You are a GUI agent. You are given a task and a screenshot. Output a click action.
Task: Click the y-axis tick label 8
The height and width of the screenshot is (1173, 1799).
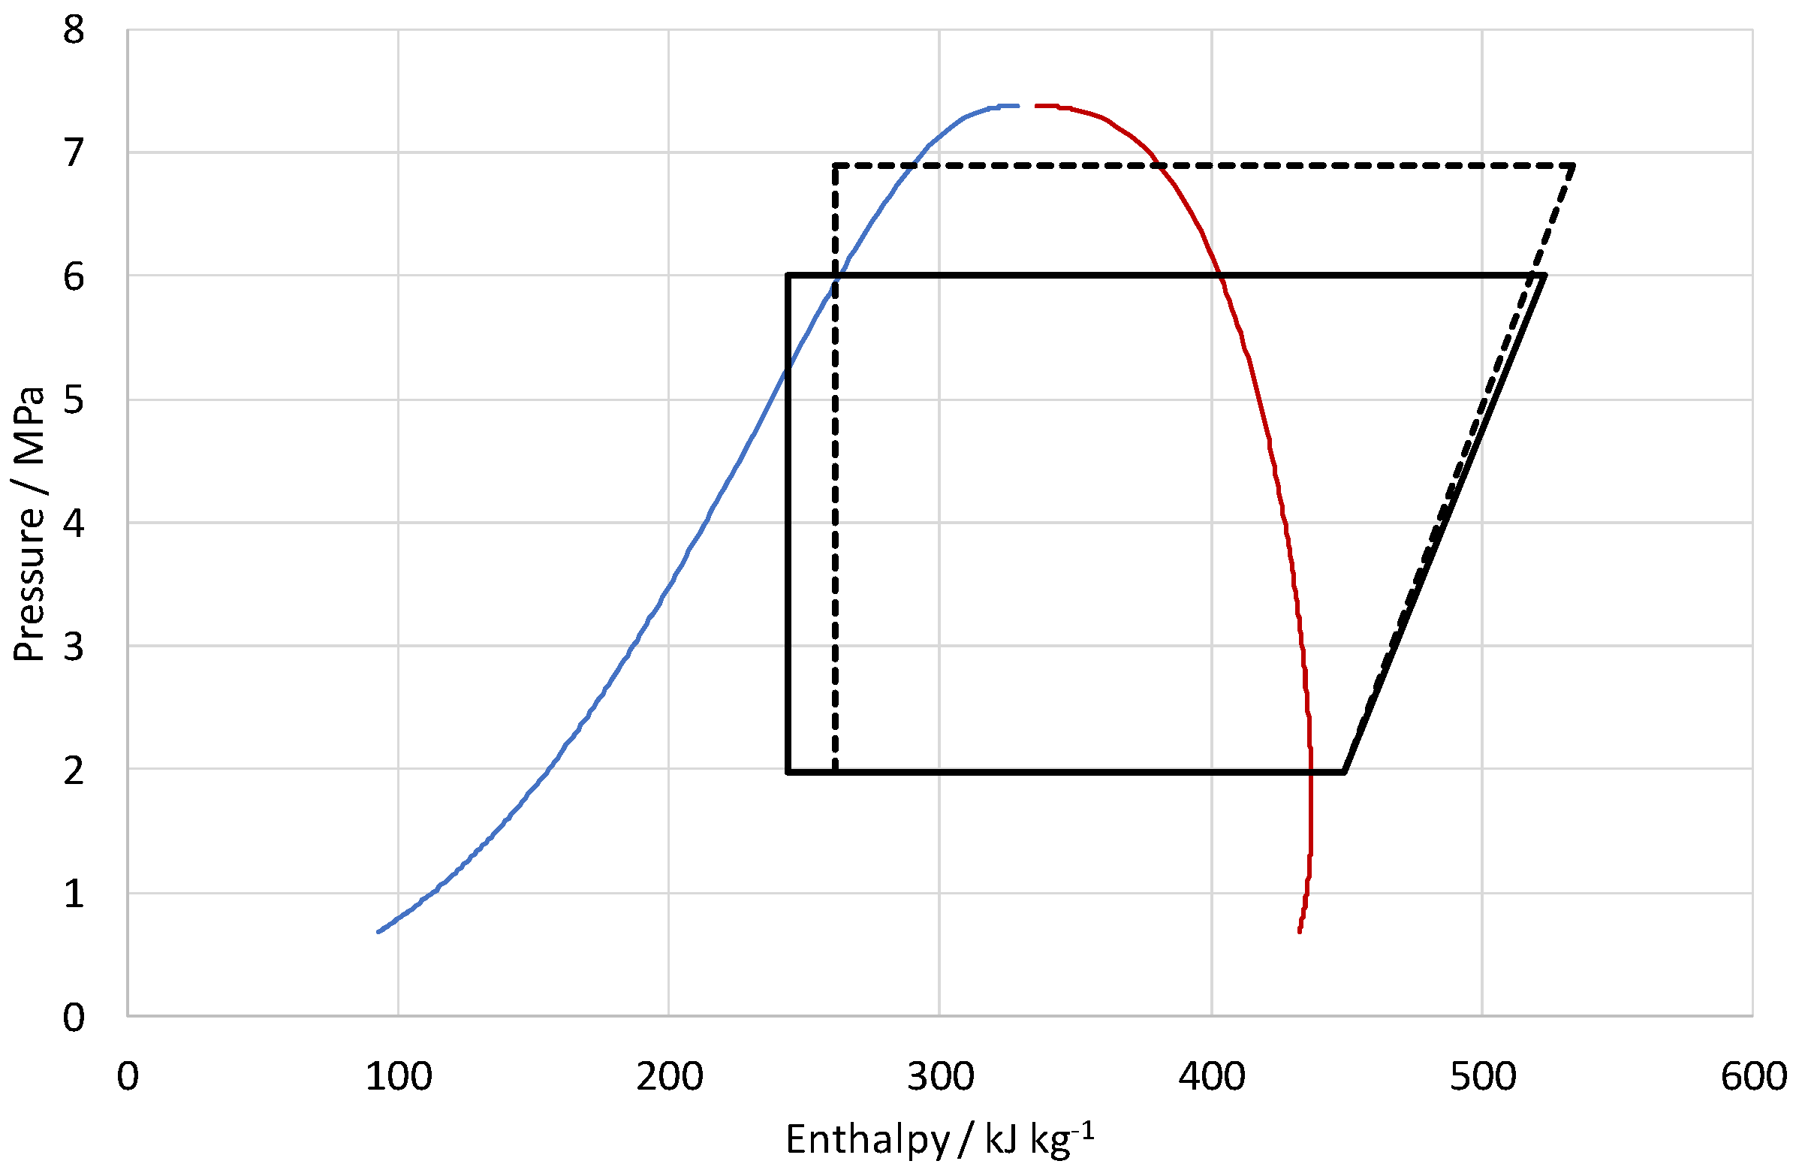74,32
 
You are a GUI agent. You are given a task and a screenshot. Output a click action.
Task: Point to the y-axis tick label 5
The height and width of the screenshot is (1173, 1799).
74,400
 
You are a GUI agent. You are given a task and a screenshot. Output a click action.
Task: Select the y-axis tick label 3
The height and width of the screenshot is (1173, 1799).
74,647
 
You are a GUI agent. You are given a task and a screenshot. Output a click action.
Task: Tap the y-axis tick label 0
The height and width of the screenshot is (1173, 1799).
74,1018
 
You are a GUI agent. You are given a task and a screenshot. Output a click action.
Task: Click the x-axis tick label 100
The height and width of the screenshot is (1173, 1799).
399,1077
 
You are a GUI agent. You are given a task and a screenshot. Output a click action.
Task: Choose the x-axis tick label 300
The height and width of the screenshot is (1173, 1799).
940,1077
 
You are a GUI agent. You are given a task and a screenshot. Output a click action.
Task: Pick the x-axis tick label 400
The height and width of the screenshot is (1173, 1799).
1212,1077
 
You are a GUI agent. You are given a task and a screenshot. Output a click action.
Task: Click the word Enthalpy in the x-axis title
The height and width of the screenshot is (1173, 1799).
867,1139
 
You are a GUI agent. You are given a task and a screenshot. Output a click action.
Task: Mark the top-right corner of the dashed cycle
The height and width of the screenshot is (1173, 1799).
1573,164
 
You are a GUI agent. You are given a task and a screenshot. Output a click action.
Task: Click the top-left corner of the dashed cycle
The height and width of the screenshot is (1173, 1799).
835,164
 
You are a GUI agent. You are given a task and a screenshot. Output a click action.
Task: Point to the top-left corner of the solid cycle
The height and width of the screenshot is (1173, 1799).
788,275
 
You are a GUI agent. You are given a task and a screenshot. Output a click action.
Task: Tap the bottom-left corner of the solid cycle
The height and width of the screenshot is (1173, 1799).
788,772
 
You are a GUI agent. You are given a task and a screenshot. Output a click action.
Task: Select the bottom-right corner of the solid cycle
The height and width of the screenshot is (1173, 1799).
1343,772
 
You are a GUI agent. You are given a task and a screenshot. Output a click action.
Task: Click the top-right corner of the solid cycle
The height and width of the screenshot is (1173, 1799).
1544,275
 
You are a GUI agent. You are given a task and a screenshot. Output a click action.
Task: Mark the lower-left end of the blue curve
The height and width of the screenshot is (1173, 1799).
378,932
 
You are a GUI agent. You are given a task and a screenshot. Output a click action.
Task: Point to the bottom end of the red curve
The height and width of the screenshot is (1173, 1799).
1299,932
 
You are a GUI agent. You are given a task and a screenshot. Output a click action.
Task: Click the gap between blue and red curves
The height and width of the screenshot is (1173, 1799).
1027,106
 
